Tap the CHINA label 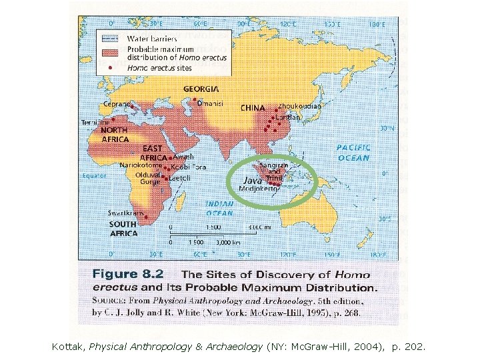[253, 108]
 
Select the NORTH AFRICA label [115, 135]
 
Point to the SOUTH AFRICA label [123, 229]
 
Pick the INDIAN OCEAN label [219, 209]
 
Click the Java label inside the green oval [252, 181]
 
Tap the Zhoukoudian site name [299, 106]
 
